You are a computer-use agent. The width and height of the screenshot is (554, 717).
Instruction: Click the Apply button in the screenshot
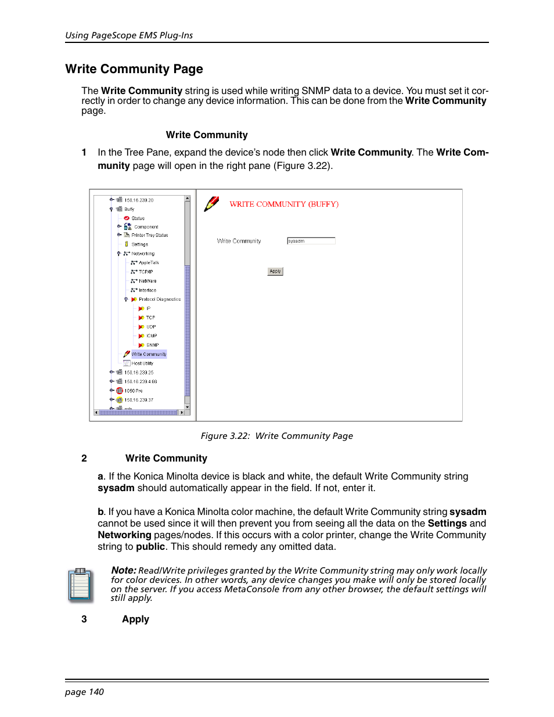(275, 271)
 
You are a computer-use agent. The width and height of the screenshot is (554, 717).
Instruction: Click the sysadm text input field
(311, 241)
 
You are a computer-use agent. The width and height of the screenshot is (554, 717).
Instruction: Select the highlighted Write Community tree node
(149, 354)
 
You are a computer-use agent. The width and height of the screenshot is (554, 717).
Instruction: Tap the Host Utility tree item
(142, 363)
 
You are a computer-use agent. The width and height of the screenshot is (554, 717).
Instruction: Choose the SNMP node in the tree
(152, 345)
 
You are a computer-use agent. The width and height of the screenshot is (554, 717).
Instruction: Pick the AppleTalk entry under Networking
(149, 262)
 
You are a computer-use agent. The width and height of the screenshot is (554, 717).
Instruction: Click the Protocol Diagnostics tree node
(159, 300)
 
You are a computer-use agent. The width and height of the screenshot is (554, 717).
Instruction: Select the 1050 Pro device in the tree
(133, 391)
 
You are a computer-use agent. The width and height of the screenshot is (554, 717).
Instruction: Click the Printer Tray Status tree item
(149, 235)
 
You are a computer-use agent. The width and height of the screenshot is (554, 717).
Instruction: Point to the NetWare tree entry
(148, 281)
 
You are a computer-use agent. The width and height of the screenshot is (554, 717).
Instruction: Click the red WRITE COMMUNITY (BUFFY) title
(284, 204)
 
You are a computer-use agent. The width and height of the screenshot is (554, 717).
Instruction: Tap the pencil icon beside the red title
(211, 204)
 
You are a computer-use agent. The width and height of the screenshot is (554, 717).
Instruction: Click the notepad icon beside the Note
(80, 585)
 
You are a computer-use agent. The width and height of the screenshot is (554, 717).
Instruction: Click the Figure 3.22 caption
(276, 436)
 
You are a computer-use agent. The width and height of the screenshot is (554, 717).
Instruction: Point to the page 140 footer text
(84, 692)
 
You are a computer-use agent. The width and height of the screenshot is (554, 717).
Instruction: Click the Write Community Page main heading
(134, 69)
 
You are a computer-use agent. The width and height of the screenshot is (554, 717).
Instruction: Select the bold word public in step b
(150, 547)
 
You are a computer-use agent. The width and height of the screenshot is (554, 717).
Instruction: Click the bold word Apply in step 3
(135, 619)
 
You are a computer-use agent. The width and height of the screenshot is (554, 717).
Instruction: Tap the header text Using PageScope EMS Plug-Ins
(129, 35)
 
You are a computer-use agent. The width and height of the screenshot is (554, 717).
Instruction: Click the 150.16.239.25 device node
(139, 373)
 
